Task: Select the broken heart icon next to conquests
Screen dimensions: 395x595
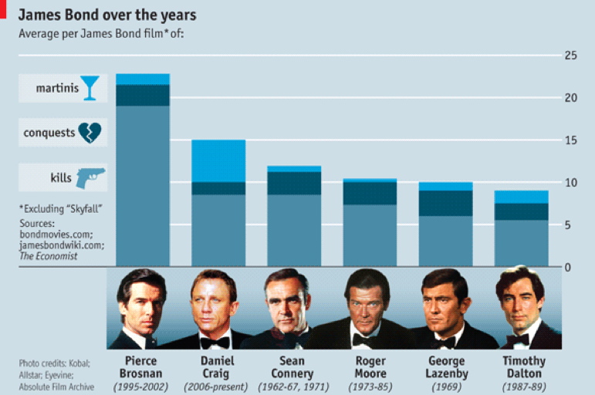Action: pyautogui.click(x=90, y=132)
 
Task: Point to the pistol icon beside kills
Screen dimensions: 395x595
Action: pyautogui.click(x=90, y=177)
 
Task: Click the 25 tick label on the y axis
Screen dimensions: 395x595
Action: pyautogui.click(x=571, y=56)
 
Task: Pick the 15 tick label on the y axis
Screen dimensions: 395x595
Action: pyautogui.click(x=571, y=140)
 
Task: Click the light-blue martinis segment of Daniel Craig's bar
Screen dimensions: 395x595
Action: pyautogui.click(x=218, y=160)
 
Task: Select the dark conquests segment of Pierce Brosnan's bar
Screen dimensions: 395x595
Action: pyautogui.click(x=143, y=95)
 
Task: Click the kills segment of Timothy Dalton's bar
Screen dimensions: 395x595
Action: pyautogui.click(x=521, y=243)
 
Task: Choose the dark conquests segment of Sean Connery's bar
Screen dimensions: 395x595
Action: pyautogui.click(x=294, y=183)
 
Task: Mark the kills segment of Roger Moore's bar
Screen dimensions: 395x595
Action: pyautogui.click(x=370, y=235)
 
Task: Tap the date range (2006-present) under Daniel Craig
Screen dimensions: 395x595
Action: pyautogui.click(x=218, y=386)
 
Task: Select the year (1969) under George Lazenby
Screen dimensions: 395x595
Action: pyautogui.click(x=445, y=386)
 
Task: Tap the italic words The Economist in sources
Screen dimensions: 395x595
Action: pyautogui.click(x=49, y=256)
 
